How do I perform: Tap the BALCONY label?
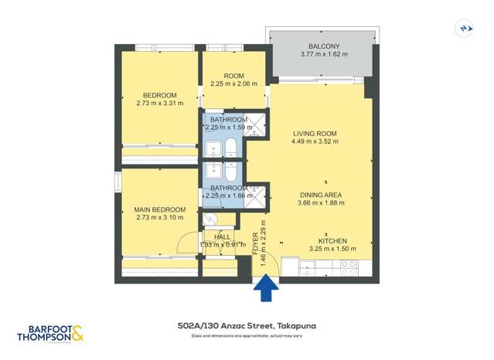(x=323, y=45)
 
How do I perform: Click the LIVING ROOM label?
(x=313, y=133)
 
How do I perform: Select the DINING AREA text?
(x=321, y=194)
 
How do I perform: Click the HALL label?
(x=222, y=237)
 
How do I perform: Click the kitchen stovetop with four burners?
(x=349, y=267)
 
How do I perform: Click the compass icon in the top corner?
(x=465, y=28)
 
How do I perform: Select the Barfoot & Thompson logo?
(x=50, y=332)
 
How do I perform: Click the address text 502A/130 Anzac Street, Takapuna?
(x=247, y=326)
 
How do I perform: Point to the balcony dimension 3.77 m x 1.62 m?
(x=323, y=54)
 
